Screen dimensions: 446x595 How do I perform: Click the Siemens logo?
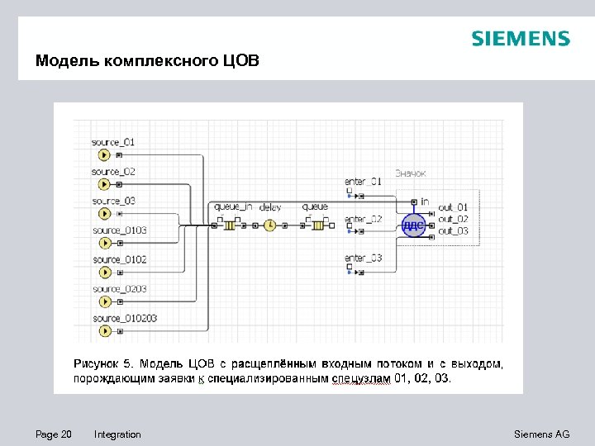coord(520,39)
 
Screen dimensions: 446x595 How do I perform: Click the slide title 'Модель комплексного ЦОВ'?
coord(147,61)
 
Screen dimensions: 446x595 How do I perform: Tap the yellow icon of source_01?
coord(104,154)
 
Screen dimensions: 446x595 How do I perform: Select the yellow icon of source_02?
coord(104,184)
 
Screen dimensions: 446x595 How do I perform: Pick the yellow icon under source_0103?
coord(104,243)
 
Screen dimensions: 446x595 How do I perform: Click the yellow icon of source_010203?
coord(104,331)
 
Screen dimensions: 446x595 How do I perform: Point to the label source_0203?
coord(120,289)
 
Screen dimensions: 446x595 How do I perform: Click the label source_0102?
coord(120,259)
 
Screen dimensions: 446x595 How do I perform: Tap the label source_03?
coord(113,201)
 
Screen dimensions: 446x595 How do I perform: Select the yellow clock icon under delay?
coord(269,224)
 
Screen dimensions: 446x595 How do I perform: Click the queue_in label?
coord(233,206)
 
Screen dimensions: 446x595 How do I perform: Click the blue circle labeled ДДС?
coord(413,224)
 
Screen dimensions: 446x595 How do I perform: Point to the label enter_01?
coord(363,181)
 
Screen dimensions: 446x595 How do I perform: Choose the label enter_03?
coord(363,259)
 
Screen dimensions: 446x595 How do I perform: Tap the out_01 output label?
coord(453,207)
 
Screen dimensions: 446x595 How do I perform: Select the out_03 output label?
coord(453,230)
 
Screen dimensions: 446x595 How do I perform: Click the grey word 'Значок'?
coord(410,173)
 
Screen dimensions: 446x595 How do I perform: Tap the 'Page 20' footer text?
coord(54,434)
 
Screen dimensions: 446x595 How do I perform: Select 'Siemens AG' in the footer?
coord(541,434)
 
